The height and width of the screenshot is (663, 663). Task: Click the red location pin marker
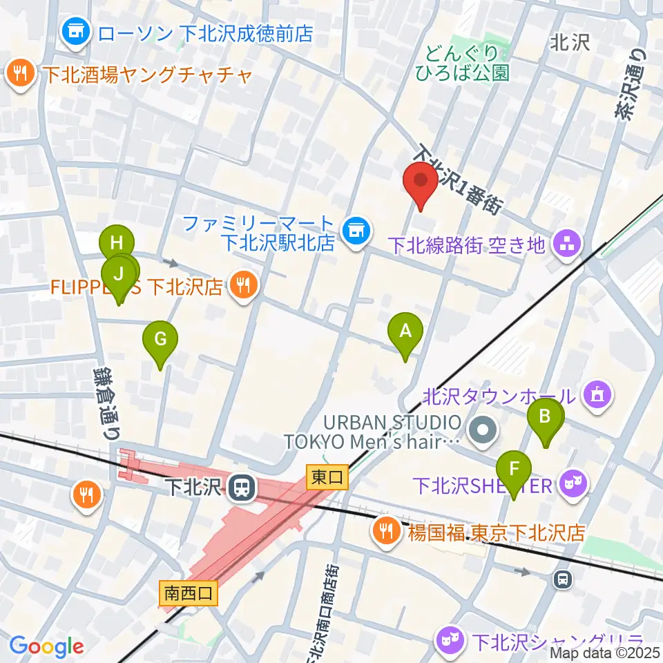[421, 183]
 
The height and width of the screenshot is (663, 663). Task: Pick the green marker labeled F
[513, 470]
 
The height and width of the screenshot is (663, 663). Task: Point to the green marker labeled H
[116, 244]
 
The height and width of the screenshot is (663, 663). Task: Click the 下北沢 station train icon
[242, 488]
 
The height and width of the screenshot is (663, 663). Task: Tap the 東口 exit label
[325, 477]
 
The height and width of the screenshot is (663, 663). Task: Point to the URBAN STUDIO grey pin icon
[482, 431]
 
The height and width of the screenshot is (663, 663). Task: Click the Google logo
[46, 646]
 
